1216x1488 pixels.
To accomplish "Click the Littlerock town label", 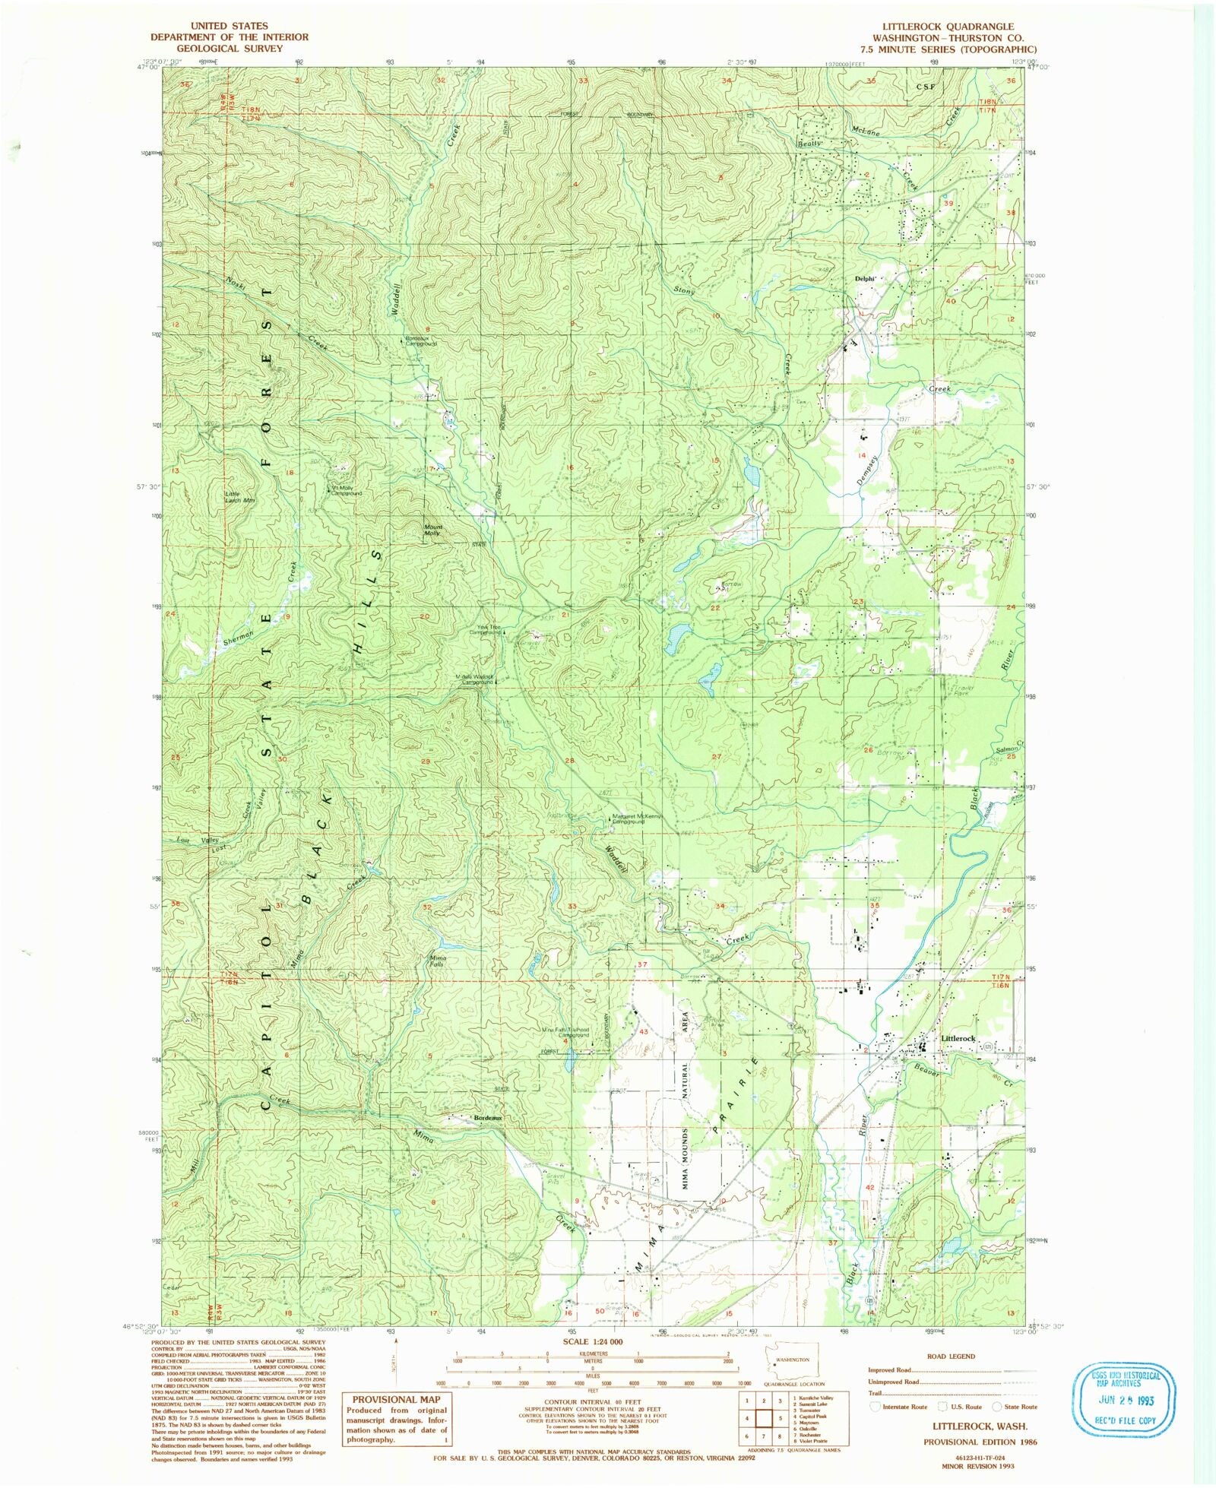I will (x=958, y=1038).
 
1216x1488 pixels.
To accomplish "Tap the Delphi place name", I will (x=865, y=279).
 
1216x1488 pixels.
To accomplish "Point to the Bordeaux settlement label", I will (x=488, y=1118).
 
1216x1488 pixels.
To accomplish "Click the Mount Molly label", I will (x=432, y=530).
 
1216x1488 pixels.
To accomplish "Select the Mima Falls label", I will (x=438, y=961).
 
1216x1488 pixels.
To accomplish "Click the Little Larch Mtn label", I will (x=239, y=497).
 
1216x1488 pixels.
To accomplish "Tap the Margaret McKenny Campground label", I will (x=638, y=820).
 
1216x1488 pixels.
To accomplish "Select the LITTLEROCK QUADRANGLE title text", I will (x=943, y=26).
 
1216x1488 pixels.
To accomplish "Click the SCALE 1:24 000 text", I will (x=593, y=1342).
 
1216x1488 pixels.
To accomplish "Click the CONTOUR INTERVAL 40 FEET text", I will (x=592, y=1398).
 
